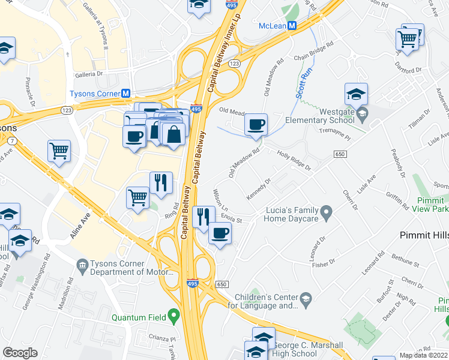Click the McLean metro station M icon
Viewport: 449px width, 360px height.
(292, 26)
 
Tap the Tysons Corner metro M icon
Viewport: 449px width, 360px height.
(126, 94)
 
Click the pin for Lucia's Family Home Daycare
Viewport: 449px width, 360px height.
(326, 212)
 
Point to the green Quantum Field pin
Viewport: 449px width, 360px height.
(174, 314)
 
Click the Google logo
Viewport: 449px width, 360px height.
(20, 353)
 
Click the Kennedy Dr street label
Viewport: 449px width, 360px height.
(259, 188)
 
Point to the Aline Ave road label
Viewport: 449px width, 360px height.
(80, 226)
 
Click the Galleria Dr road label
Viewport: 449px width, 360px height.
(90, 75)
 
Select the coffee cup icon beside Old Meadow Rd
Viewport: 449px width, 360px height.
(256, 125)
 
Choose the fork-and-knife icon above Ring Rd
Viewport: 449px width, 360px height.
(160, 183)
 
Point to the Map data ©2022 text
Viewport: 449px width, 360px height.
(424, 355)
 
